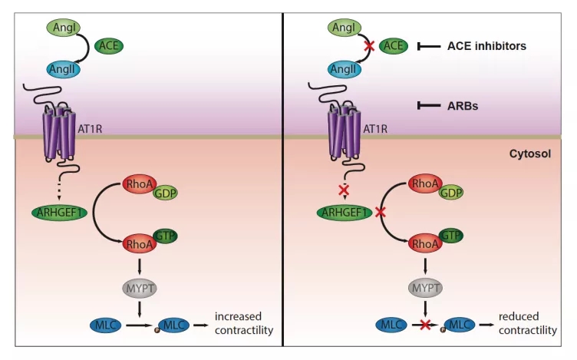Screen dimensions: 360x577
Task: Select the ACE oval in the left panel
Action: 108,46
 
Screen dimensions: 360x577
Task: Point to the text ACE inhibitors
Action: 486,46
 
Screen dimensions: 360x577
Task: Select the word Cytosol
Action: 529,154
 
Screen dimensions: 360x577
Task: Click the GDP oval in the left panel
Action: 164,193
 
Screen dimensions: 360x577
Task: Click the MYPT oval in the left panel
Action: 140,288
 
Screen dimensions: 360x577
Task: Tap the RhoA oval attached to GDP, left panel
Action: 139,184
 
